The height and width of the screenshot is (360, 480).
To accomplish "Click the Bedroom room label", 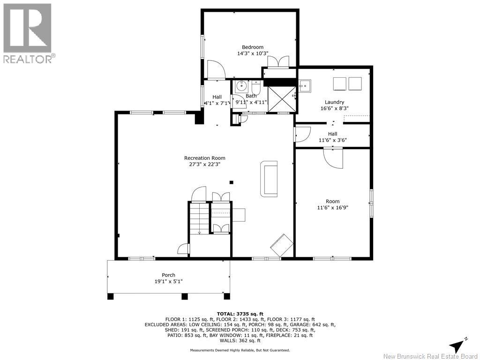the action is point(253,47).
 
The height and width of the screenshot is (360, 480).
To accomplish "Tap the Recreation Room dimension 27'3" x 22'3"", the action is point(204,164).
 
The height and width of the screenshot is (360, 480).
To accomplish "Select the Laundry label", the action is point(334,102).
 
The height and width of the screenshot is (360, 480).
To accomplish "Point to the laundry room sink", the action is point(305,85).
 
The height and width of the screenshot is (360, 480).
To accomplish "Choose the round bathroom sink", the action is point(242,86).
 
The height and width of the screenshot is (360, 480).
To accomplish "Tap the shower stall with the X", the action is point(282,99).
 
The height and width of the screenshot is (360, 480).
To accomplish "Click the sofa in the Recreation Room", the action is point(269,179).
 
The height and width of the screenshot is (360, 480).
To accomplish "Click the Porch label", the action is point(168,275).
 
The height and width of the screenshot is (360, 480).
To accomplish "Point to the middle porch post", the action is point(185,296).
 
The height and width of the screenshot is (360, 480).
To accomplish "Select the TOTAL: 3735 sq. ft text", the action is point(240,314).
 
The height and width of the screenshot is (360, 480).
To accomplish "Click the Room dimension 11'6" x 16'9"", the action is point(332,208).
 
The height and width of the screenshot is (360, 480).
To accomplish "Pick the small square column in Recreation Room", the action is point(232,182).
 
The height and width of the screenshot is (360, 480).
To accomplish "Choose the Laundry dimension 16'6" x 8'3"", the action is point(334,108).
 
